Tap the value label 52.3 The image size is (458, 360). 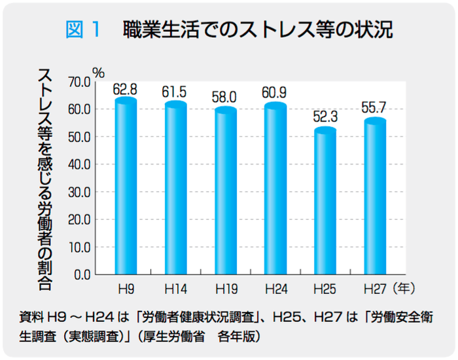point(325,118)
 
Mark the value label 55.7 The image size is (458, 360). point(375,107)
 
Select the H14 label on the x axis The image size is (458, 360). point(175,288)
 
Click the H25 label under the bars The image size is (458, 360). point(325,288)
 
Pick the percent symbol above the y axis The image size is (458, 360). point(98,72)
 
